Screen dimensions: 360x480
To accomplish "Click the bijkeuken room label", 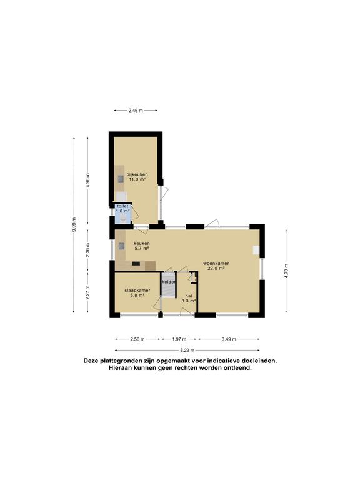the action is pos(137,177).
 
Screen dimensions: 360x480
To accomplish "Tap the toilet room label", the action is pos(122,209).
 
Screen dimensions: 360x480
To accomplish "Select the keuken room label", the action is pos(142,246).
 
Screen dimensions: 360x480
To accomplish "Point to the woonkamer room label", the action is pos(216,266).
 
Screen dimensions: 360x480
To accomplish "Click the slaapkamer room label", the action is pos(137,292).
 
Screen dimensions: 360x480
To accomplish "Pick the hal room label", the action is pos(189,299).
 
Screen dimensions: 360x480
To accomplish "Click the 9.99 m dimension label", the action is pos(74,224).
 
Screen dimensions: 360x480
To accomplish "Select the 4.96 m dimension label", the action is pos(88,181).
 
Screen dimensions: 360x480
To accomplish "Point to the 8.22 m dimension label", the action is pos(187,350).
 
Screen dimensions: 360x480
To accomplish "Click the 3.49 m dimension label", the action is pos(229,339).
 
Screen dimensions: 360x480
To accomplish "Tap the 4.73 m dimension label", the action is pos(286,271).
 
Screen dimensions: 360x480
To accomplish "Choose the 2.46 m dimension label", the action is pos(136,111).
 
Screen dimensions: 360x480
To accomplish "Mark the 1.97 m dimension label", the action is pos(179,339).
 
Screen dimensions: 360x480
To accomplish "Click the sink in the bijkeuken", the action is pos(121,179).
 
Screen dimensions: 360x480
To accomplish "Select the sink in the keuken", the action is pos(121,246).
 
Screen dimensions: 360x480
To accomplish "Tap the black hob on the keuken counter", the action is pos(136,263).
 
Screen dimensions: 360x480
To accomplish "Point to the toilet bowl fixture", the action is pos(122,219).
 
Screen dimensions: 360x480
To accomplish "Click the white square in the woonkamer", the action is pos(256,250).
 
